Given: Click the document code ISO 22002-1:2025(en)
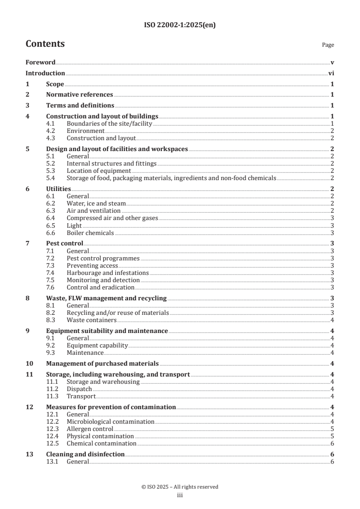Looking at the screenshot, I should coord(180,25).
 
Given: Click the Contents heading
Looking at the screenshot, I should coord(45,44).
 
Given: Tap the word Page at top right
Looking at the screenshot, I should coord(328,45).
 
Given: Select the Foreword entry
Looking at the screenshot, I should coord(40,62).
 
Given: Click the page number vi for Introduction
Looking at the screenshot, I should coord(331,73).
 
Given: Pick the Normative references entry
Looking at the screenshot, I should coord(79,94).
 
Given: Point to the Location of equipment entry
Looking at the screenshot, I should coord(99,171).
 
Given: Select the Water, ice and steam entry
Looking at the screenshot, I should coord(96,203).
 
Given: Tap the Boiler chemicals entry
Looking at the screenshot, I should coord(90,233).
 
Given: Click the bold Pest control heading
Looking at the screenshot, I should coord(64,243).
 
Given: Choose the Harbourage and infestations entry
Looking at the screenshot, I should coord(108,273).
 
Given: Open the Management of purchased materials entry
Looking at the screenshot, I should coord(102,363).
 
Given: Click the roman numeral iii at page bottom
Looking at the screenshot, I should coord(180,496).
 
